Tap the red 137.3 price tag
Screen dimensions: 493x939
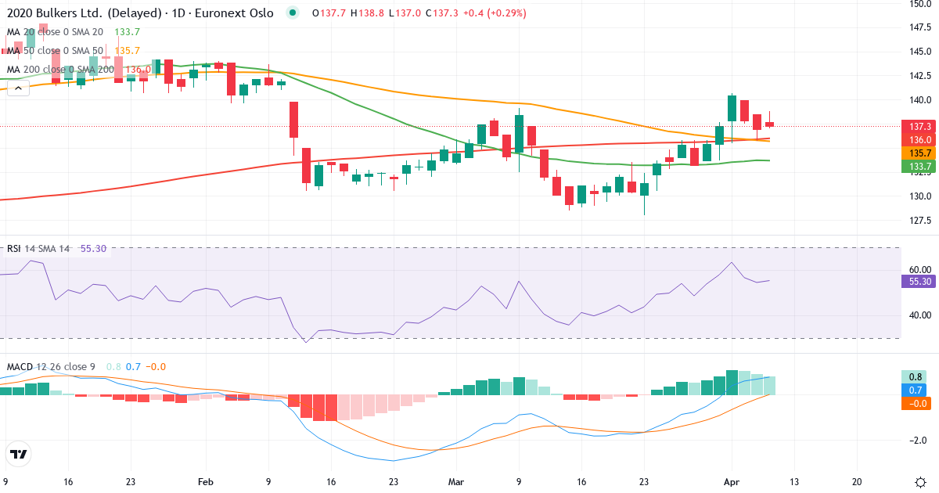[x=916, y=126]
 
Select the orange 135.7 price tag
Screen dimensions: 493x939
[x=916, y=153]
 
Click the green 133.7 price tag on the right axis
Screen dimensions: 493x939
[x=916, y=166]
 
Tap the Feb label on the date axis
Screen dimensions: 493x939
[x=206, y=482]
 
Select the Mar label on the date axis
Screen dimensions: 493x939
[x=455, y=482]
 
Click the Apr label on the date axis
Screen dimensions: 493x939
[x=730, y=482]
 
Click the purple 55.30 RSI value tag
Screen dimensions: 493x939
[x=916, y=281]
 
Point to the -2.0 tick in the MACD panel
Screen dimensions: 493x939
[x=916, y=440]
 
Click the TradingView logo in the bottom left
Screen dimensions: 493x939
[x=19, y=454]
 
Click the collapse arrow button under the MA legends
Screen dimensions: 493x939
[x=18, y=88]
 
